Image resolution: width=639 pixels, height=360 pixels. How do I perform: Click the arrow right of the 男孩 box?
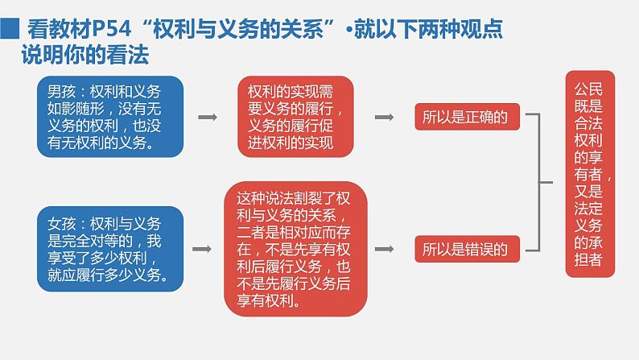pyautogui.click(x=208, y=118)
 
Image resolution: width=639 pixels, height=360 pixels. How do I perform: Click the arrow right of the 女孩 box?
pyautogui.click(x=208, y=250)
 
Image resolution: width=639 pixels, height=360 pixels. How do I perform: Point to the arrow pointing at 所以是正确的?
pyautogui.click(x=385, y=118)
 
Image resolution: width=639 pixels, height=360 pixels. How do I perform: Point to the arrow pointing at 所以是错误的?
pyautogui.click(x=385, y=250)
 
